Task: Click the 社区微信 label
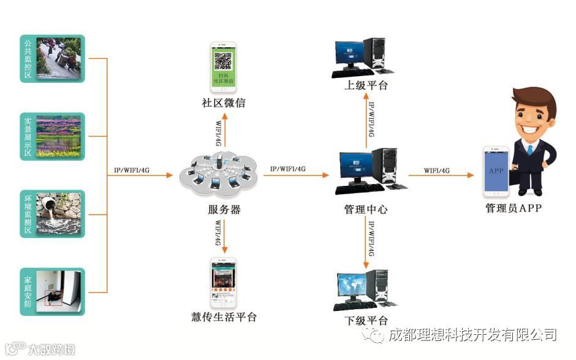(224, 103)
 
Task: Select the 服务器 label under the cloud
(224, 210)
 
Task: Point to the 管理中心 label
(366, 210)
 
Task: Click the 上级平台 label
(366, 85)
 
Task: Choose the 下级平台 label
(366, 321)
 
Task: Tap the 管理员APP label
(513, 209)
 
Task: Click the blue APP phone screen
(496, 171)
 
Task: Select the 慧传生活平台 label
(224, 317)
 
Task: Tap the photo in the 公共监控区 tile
(59, 59)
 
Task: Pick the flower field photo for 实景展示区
(59, 136)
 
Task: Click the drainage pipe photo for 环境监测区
(59, 214)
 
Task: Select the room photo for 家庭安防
(59, 291)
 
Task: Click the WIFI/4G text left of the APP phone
(437, 170)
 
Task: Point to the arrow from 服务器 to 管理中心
(297, 175)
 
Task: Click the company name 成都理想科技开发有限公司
(471, 335)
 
